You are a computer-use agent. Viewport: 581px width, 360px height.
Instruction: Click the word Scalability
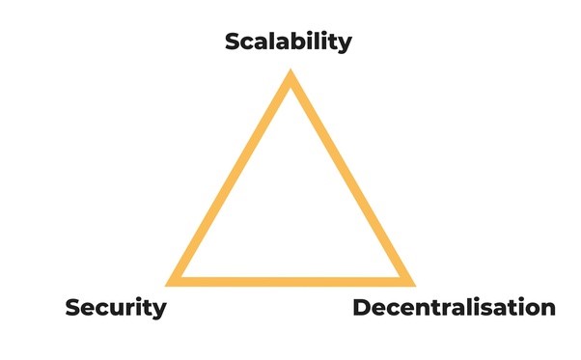point(289,42)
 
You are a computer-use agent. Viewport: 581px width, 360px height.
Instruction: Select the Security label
point(115,309)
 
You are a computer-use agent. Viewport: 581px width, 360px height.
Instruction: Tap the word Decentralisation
point(454,309)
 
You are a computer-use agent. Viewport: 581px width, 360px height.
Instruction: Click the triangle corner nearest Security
point(171,283)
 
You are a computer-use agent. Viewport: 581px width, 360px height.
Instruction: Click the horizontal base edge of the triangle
point(290,281)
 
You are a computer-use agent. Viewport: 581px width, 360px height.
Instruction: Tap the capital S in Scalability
point(234,42)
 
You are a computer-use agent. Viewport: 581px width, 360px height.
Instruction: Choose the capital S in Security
point(73,309)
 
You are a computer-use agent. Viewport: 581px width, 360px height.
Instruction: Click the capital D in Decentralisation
point(362,309)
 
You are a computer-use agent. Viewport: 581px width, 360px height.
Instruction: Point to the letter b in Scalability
point(295,42)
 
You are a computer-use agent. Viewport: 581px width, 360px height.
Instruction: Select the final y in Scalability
point(345,45)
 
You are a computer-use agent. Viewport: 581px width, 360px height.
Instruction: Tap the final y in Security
point(159,312)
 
